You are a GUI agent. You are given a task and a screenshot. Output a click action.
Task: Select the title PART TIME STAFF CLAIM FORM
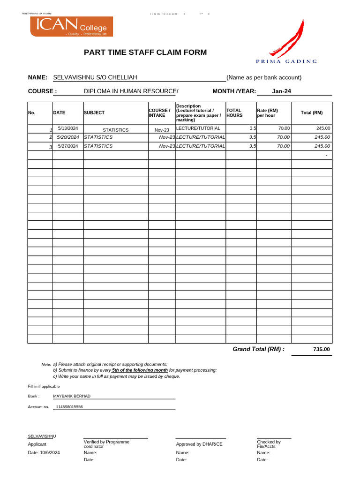point(145,52)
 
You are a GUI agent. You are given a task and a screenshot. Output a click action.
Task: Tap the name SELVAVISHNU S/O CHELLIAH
point(95,77)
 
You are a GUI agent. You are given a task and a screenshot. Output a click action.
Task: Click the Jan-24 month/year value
point(281,91)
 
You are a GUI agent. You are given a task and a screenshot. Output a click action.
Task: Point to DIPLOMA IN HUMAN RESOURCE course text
point(131,91)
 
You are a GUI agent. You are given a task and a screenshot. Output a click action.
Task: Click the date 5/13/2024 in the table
point(67,128)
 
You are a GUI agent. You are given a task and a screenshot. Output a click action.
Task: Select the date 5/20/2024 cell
point(68,137)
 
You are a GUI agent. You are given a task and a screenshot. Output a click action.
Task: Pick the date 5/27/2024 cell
point(68,146)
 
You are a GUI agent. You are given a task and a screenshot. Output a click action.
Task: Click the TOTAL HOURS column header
point(234,113)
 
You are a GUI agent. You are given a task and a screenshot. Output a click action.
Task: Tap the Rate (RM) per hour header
point(267,113)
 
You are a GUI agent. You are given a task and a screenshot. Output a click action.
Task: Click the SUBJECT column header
point(94,113)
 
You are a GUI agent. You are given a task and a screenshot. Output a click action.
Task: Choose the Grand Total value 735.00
point(321,349)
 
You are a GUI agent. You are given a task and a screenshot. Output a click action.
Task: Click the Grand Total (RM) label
point(258,349)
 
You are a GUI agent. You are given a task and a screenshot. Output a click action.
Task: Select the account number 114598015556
point(69,407)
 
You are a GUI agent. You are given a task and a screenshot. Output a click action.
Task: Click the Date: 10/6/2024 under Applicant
point(44,452)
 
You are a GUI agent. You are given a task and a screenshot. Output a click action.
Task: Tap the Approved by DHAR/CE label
point(199,444)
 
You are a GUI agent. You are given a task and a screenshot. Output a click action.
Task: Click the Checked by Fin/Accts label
point(269,444)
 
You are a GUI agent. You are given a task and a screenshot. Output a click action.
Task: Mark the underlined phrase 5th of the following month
point(140,370)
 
